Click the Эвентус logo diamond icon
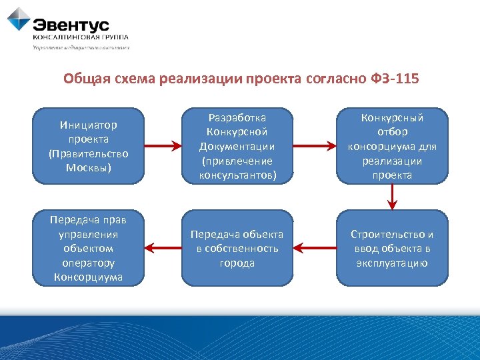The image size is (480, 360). tap(19, 19)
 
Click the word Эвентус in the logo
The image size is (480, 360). tap(71, 25)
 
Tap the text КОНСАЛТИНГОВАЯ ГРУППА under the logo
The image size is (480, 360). tap(81, 38)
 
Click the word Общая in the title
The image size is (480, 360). tap(85, 79)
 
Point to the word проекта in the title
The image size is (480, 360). tap(274, 79)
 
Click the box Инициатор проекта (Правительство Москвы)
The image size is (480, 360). tap(88, 146)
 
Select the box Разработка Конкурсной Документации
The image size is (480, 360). tap(237, 146)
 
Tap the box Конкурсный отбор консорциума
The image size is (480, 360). tap(392, 146)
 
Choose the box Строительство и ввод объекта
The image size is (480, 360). tap(392, 248)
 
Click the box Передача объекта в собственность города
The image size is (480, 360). tap(237, 248)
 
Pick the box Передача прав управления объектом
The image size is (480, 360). tap(88, 248)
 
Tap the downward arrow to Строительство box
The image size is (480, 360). tap(393, 197)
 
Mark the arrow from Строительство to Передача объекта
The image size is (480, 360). tap(314, 249)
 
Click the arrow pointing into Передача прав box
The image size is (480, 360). tap(163, 249)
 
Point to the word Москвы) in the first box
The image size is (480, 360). tap(88, 167)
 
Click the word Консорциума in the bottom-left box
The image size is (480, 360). tap(88, 277)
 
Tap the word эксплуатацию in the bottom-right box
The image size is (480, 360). tap(392, 263)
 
